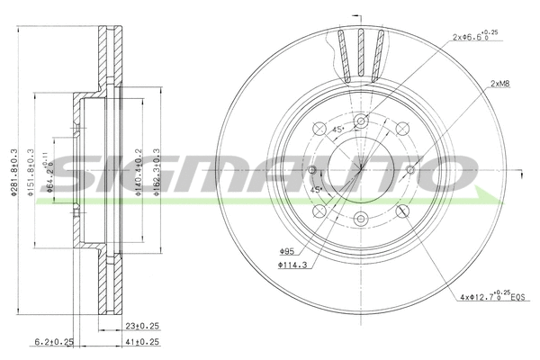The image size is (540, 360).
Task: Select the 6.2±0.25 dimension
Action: coord(54,342)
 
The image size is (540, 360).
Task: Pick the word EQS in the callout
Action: coord(516,297)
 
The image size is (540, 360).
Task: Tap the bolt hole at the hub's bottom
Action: coord(360,217)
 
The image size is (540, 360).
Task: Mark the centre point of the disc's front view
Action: coord(360,168)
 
